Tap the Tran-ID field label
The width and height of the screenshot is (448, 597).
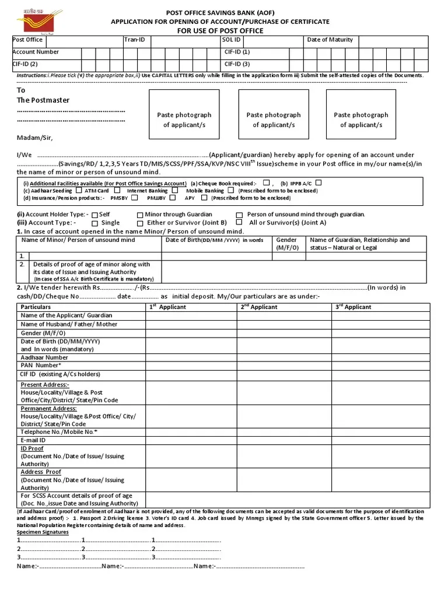coord(134,40)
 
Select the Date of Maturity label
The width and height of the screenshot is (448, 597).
coord(330,40)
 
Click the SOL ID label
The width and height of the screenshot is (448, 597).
coord(231,40)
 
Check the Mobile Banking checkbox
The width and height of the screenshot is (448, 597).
coord(231,190)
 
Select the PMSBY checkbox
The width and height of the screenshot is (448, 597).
coord(135,198)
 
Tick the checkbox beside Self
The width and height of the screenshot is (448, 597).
coord(94,215)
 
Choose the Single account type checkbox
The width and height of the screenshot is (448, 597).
coord(94,223)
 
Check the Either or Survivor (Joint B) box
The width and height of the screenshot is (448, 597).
coord(140,223)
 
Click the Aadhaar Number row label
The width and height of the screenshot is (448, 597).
coord(44,357)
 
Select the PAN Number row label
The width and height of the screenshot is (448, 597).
coord(41,366)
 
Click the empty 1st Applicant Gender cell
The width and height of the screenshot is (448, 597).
coord(191,333)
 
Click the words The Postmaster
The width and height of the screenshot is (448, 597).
coord(43,100)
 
